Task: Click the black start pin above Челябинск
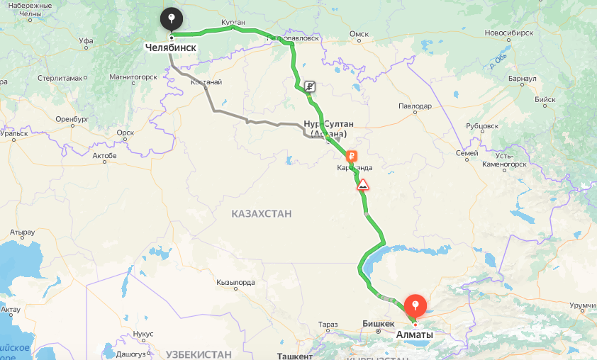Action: click(x=172, y=19)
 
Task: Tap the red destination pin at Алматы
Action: click(x=415, y=306)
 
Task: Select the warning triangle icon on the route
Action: click(x=363, y=185)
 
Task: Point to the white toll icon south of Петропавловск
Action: click(x=310, y=87)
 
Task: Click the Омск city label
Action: click(x=359, y=33)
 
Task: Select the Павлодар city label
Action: click(x=415, y=106)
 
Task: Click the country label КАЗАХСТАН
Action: click(x=262, y=213)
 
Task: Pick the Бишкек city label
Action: click(x=378, y=323)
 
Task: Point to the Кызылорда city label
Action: click(x=235, y=282)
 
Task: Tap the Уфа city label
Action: click(x=87, y=41)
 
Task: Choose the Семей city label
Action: click(x=466, y=153)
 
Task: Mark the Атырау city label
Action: click(x=22, y=232)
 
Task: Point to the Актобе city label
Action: click(x=104, y=154)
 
